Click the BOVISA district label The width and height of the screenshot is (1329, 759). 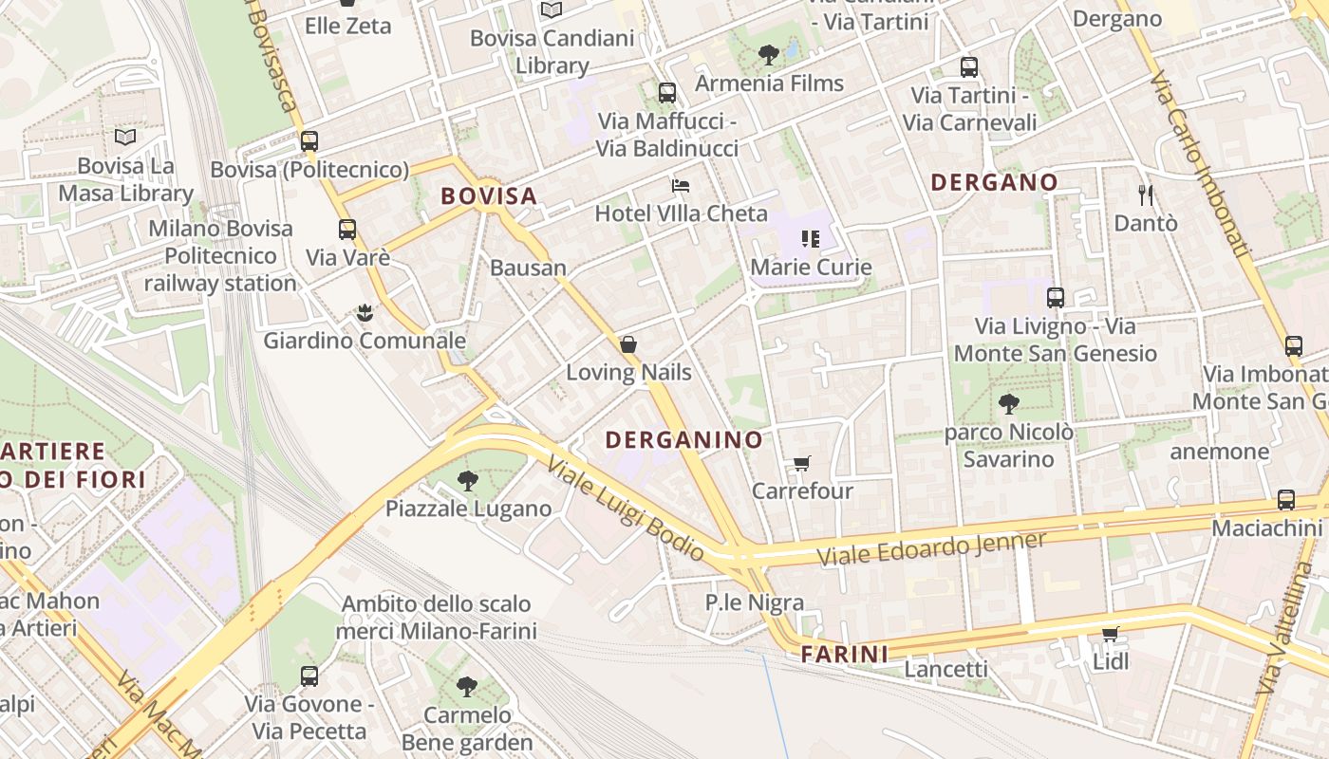tap(489, 196)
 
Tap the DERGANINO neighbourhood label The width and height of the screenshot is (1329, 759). tap(683, 439)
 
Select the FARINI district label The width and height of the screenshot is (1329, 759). tap(844, 654)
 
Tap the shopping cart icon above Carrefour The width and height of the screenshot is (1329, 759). tap(802, 464)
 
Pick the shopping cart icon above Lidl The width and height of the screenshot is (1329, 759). tap(1110, 633)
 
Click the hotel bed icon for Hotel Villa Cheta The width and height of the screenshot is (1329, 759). tap(681, 185)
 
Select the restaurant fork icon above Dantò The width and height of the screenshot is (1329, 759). tap(1146, 195)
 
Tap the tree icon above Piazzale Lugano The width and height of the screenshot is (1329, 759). tap(467, 481)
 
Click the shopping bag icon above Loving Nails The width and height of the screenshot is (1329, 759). tap(627, 343)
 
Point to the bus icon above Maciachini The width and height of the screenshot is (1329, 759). tap(1286, 499)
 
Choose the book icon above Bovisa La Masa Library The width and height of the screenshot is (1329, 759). tap(125, 138)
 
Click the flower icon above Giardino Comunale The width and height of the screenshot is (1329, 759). tap(365, 312)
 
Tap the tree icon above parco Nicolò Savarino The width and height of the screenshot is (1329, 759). tap(1009, 404)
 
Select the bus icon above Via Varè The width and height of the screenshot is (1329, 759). tap(347, 230)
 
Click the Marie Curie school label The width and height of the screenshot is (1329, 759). tap(811, 268)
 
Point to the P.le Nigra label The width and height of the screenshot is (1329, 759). tap(755, 602)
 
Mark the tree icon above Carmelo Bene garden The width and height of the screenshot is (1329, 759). tap(466, 686)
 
